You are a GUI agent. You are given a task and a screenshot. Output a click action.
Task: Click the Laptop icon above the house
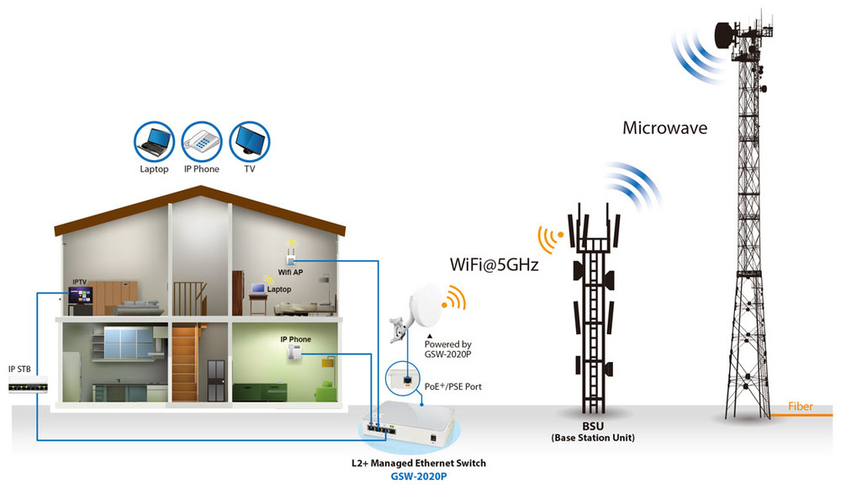point(155,141)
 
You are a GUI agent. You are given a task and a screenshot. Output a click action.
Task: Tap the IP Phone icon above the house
point(201,141)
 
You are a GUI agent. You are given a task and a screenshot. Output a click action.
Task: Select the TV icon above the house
point(250,141)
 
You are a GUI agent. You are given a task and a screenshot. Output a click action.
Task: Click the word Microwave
point(665,129)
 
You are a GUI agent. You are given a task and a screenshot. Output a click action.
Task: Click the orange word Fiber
point(801,407)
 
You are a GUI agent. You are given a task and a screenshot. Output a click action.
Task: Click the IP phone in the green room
point(295,354)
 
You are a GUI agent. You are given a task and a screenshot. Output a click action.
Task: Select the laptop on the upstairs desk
point(260,289)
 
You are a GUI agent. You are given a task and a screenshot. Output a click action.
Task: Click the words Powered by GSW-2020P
point(448,349)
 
